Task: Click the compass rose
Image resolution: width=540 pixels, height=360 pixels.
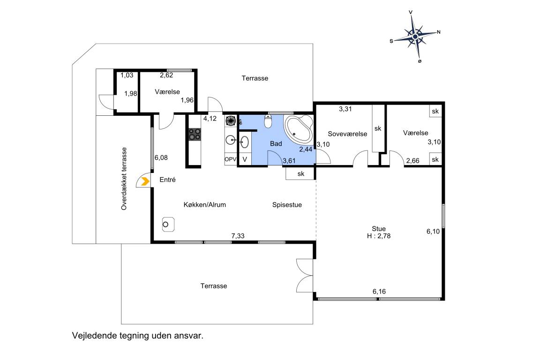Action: [x=415, y=36]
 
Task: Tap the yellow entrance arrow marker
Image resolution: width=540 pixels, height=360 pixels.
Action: [x=145, y=181]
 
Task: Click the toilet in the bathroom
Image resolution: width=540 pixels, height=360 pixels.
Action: [x=268, y=121]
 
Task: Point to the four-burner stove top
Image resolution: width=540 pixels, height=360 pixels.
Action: [x=195, y=135]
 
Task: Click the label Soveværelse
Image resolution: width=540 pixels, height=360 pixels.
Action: [x=347, y=134]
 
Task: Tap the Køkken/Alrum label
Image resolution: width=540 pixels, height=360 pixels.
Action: [x=204, y=205]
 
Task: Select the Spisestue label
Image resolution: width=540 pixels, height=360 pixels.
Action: [x=287, y=205]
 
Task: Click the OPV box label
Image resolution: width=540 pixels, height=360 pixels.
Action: [x=231, y=159]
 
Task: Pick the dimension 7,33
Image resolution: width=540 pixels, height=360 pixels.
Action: [x=238, y=236]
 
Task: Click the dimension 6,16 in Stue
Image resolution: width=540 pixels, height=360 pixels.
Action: [x=379, y=292]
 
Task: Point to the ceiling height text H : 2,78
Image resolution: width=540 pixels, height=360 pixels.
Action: [x=378, y=236]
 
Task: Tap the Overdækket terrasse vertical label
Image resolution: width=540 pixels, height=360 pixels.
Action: [x=124, y=179]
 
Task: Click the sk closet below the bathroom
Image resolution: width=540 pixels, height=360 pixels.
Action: [x=300, y=173]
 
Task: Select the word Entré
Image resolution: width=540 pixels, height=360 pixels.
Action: [x=167, y=180]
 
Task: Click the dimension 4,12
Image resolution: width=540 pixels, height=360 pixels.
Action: [x=210, y=119]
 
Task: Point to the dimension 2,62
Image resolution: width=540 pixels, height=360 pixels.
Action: [x=166, y=75]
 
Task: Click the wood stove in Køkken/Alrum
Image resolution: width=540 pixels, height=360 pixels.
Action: [x=168, y=225]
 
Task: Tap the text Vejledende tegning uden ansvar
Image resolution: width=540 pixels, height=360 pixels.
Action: [x=138, y=336]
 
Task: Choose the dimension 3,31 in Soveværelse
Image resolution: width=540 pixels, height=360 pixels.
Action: [x=345, y=109]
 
